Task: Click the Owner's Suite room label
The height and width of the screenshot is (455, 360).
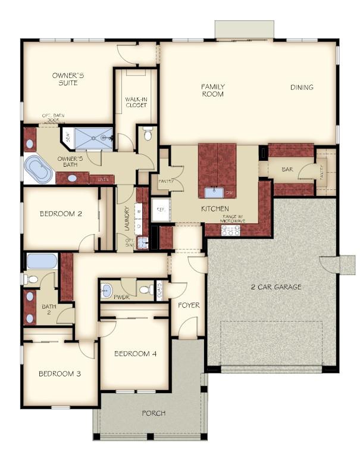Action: click(68, 79)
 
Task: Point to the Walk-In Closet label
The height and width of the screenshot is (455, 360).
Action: click(136, 102)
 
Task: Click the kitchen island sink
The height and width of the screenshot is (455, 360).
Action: click(214, 192)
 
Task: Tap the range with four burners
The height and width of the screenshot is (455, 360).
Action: click(230, 230)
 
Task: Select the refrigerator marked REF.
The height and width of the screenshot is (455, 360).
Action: click(160, 210)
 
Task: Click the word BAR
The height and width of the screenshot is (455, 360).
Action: click(287, 170)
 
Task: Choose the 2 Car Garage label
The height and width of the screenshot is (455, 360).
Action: click(276, 286)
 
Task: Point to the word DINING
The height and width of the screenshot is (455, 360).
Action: click(302, 88)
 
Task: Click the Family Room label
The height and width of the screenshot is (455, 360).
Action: click(212, 90)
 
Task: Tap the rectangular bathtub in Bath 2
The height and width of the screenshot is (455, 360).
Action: click(41, 261)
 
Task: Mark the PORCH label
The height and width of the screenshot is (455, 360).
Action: click(154, 413)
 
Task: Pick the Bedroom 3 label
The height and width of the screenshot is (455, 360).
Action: click(60, 373)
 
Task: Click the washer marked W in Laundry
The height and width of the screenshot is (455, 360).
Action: click(139, 211)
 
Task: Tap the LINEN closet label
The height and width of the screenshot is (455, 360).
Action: click(103, 178)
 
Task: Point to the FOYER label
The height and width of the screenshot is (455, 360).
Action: click(189, 305)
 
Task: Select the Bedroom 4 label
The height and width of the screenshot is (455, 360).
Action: click(136, 353)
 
